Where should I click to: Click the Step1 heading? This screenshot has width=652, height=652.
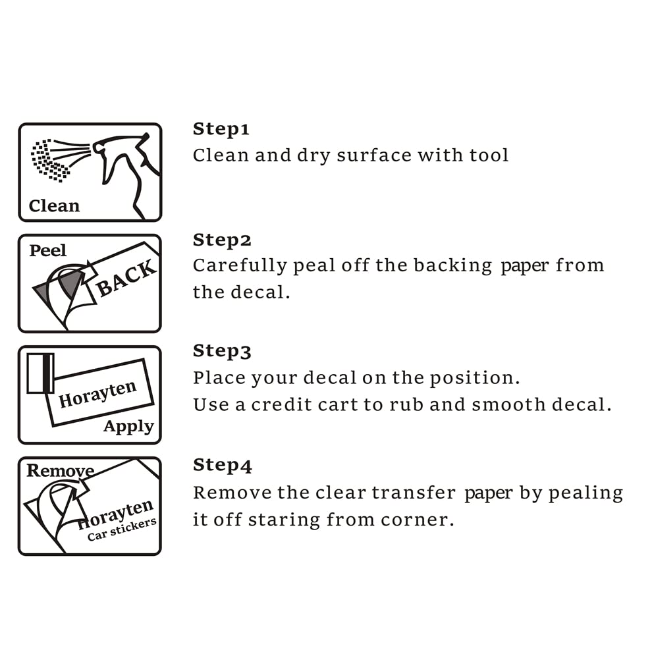click(221, 129)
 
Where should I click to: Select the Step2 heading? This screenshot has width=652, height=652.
click(222, 240)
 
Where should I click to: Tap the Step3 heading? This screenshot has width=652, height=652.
click(222, 352)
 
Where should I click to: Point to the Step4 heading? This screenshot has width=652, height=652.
click(223, 466)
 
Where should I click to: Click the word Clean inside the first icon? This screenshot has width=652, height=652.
click(54, 205)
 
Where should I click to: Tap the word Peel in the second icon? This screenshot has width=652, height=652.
click(48, 250)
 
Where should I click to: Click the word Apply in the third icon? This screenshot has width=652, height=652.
click(129, 427)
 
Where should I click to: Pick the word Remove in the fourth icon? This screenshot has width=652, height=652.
click(61, 470)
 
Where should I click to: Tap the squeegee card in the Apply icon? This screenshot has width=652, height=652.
click(40, 373)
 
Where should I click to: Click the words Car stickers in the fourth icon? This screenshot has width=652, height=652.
click(122, 530)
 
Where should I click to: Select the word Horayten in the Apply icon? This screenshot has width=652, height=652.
click(97, 394)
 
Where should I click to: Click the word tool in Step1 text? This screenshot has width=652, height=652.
click(489, 155)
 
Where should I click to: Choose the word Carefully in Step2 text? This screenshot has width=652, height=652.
click(240, 266)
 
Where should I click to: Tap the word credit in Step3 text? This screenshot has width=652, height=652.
click(281, 404)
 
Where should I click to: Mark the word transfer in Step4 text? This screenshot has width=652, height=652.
click(414, 493)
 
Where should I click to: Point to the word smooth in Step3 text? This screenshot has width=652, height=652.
click(508, 404)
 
